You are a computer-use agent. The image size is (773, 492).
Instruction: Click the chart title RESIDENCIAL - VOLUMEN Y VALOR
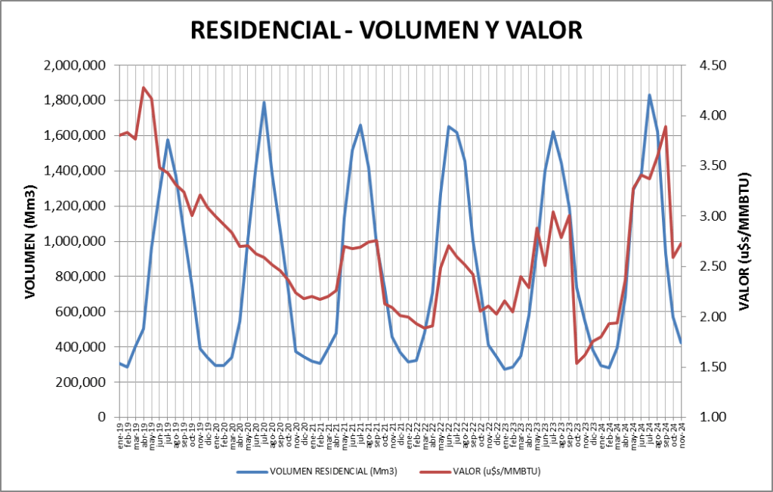(x=386, y=29)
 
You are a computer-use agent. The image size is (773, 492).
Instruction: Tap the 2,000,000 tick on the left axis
(x=74, y=66)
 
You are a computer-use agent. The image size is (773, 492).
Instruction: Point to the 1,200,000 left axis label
(x=74, y=206)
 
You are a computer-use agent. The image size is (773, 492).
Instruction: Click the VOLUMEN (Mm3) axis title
(x=31, y=241)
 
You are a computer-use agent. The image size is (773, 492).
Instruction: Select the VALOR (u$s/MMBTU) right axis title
(x=745, y=241)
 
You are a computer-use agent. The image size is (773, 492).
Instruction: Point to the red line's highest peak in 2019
(x=144, y=88)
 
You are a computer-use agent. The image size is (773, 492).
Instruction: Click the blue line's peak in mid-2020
(x=264, y=101)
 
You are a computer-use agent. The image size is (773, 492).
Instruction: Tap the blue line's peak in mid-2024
(x=649, y=95)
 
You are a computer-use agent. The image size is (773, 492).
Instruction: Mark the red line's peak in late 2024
(x=665, y=126)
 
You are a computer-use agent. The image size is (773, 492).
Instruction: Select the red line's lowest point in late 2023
(x=577, y=363)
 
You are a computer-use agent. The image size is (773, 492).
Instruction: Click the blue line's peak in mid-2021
(x=360, y=125)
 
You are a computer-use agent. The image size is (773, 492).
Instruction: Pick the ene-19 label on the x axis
(x=120, y=438)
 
